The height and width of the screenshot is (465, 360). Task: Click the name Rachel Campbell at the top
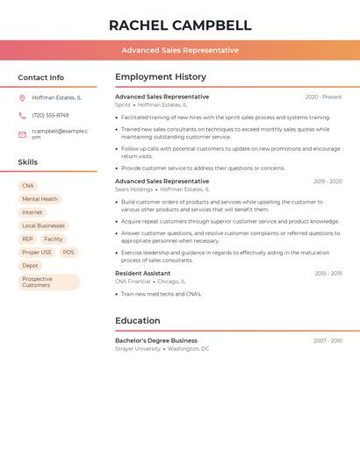[x=180, y=25]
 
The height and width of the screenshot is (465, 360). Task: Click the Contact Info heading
[x=40, y=77]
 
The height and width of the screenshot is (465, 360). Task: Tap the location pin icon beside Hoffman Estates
[x=22, y=97]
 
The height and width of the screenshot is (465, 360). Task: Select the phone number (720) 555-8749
[x=50, y=115]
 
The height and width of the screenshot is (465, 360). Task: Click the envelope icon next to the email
[x=22, y=134]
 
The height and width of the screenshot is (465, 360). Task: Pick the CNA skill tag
[x=28, y=186]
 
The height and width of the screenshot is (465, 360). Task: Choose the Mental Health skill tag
[x=40, y=199]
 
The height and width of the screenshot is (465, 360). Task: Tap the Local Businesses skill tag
[x=43, y=225]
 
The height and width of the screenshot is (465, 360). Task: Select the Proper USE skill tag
[x=37, y=252]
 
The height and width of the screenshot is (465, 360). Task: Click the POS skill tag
[x=68, y=252]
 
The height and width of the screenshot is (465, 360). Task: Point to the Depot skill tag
[x=31, y=265]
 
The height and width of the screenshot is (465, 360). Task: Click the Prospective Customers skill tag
[x=48, y=282]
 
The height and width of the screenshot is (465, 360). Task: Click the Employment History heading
[x=161, y=77]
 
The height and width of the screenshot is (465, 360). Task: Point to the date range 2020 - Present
[x=323, y=97]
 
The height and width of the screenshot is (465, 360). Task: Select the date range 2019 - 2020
[x=328, y=182]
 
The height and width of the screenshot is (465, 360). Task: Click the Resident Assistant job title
[x=143, y=274]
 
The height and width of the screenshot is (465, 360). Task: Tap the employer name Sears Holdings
[x=133, y=190]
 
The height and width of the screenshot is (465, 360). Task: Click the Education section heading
[x=137, y=321]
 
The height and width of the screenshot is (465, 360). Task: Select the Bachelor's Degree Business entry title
[x=156, y=340]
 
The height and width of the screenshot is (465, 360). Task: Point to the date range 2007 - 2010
[x=328, y=340]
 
